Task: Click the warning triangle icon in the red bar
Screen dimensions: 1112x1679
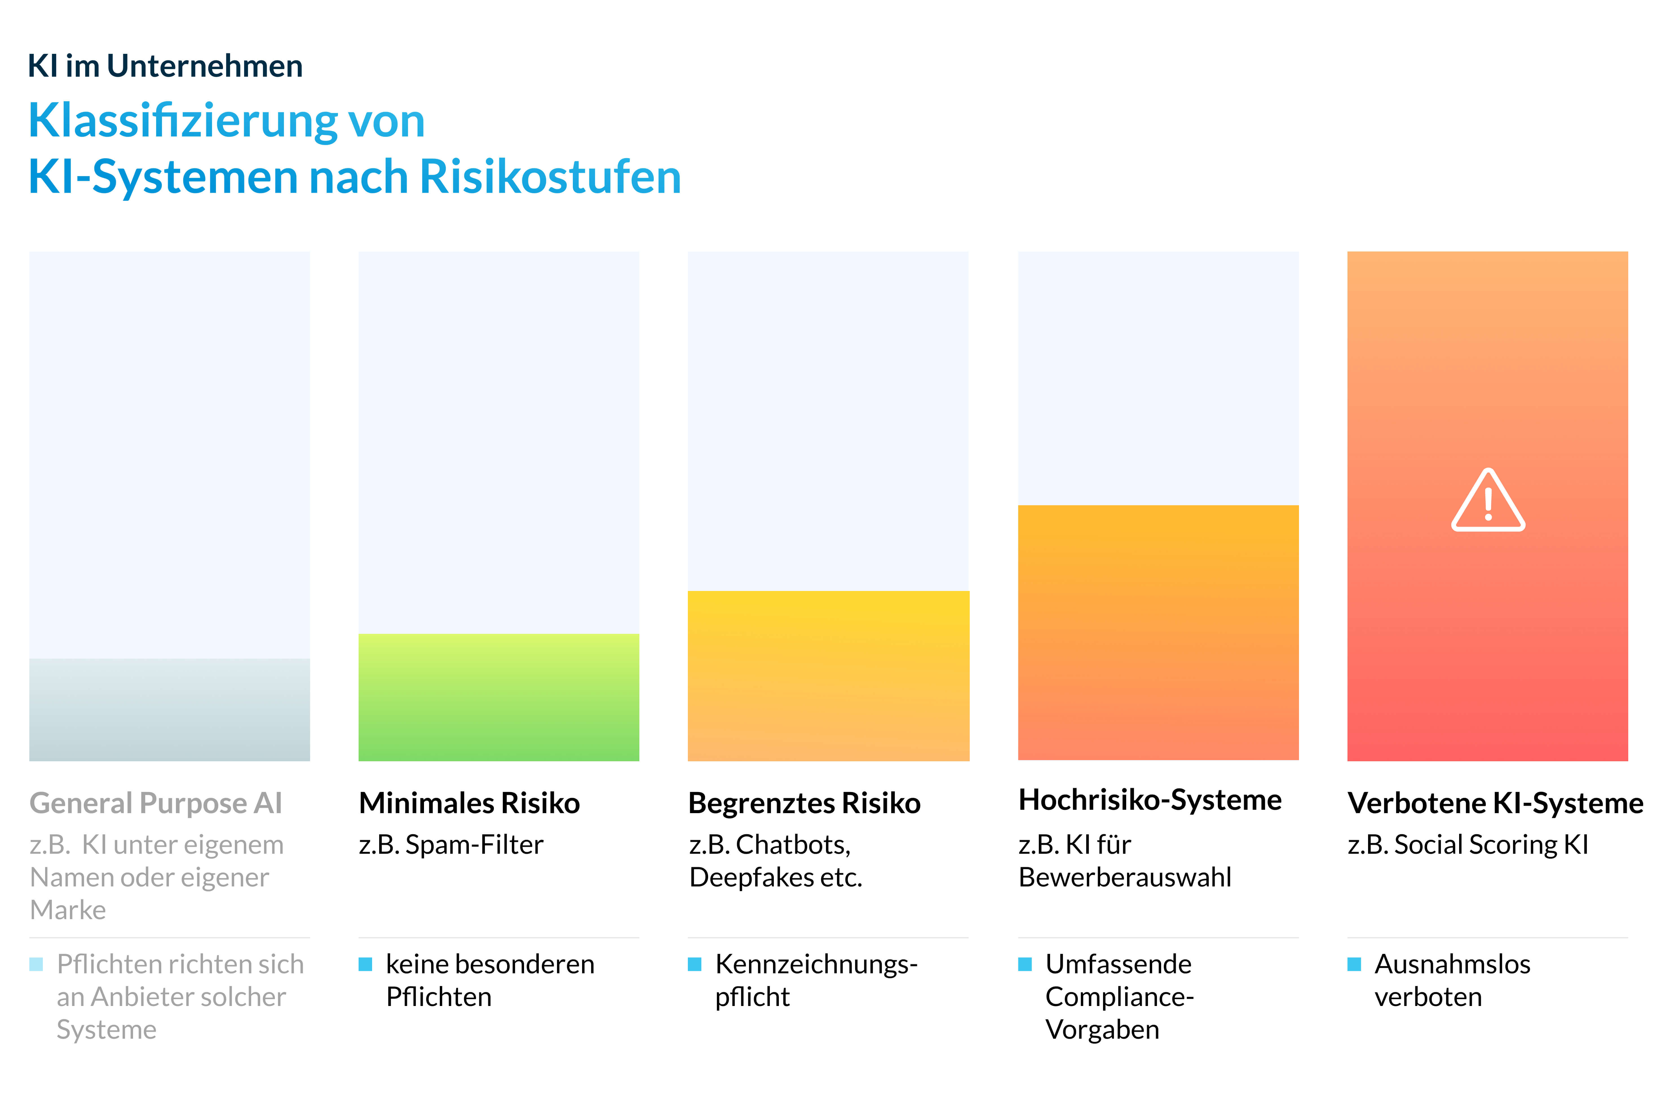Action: [x=1488, y=501]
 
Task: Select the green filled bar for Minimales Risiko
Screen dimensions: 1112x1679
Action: [x=498, y=697]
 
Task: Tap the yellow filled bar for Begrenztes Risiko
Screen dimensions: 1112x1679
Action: [x=828, y=676]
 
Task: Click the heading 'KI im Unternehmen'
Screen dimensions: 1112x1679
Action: [x=165, y=66]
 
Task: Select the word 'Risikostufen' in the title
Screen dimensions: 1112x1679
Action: [x=550, y=176]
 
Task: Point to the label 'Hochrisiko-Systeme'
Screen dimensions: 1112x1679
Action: [x=1149, y=800]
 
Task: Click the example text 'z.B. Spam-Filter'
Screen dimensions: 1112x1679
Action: [x=451, y=845]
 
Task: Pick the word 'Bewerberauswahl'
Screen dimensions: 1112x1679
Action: [x=1125, y=878]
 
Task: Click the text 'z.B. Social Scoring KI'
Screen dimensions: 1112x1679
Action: [x=1468, y=845]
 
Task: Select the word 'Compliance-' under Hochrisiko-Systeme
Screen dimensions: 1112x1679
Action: [x=1119, y=997]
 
